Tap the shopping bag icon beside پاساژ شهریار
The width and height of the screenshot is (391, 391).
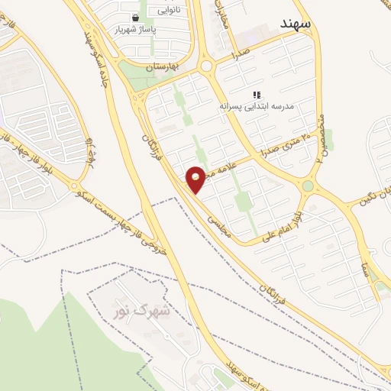(x=135, y=17)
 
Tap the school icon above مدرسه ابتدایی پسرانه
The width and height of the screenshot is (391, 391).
(x=256, y=93)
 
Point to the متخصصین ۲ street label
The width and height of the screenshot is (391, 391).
(x=320, y=137)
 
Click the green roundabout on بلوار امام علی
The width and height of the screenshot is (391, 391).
(x=308, y=186)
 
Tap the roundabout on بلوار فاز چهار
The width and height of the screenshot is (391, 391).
(x=74, y=186)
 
